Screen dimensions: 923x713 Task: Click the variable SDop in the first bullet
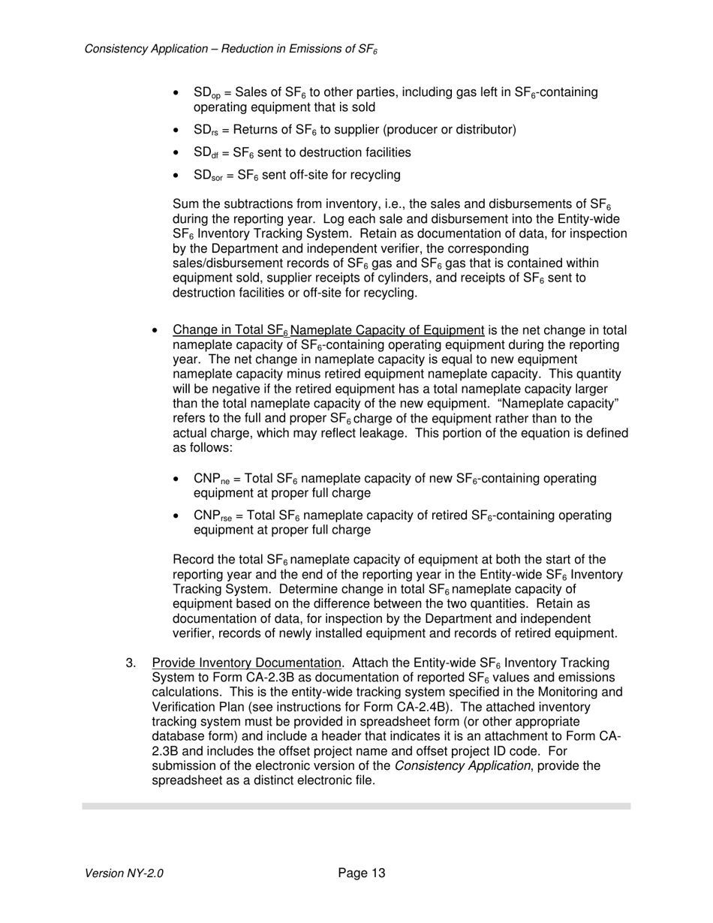pyautogui.click(x=205, y=93)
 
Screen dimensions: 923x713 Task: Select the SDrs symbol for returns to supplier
pyautogui.click(x=203, y=131)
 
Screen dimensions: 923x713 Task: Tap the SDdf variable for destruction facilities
pyautogui.click(x=203, y=153)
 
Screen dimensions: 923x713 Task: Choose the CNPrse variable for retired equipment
pyautogui.click(x=212, y=516)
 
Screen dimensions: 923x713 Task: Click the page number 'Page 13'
pyautogui.click(x=361, y=873)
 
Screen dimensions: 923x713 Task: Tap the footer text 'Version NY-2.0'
pyautogui.click(x=124, y=873)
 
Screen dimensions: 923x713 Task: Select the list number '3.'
pyautogui.click(x=131, y=663)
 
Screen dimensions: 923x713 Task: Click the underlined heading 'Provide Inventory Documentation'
pyautogui.click(x=246, y=663)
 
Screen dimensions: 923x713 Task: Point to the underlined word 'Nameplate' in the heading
pyautogui.click(x=320, y=331)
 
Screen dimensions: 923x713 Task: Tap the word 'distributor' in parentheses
pyautogui.click(x=483, y=131)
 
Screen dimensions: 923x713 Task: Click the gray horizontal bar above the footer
pyautogui.click(x=356, y=806)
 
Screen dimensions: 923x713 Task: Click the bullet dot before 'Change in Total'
pyautogui.click(x=155, y=331)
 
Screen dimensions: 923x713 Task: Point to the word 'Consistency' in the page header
pyautogui.click(x=116, y=49)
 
